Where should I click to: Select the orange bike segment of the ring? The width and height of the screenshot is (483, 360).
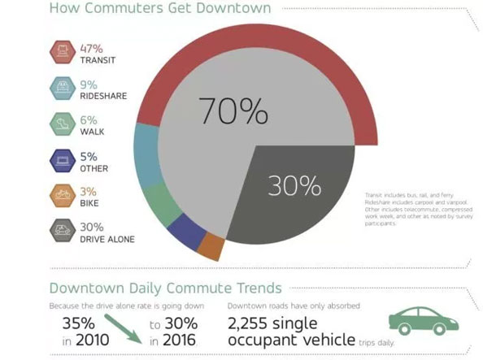point(210,246)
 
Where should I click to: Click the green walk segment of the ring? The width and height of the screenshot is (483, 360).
point(161,206)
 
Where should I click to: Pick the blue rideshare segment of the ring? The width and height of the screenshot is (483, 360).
point(146,167)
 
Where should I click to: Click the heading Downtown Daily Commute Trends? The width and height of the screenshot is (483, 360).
point(165,288)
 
